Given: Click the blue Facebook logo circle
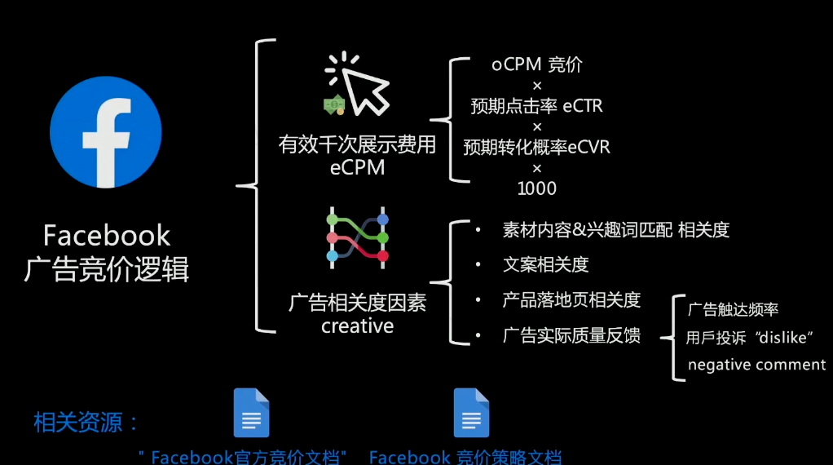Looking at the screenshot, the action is click(106, 132).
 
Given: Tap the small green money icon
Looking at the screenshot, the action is click(334, 104).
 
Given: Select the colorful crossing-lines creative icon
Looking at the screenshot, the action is click(358, 237).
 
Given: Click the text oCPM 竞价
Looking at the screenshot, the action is click(537, 64).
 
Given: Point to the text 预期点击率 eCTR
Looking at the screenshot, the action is click(536, 106).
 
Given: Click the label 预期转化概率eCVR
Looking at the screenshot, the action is click(536, 147).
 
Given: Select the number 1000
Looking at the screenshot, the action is click(537, 188).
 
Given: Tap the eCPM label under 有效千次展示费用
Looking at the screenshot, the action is click(357, 167).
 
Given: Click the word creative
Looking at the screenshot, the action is click(358, 325).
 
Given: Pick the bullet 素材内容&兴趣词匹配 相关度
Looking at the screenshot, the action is click(615, 229).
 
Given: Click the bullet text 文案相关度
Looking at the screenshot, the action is click(545, 264).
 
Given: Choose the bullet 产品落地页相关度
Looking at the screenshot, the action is click(571, 299).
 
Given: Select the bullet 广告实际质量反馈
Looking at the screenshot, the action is click(571, 335).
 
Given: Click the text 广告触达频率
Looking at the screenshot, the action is click(733, 309).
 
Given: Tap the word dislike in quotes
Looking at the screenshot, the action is click(783, 338).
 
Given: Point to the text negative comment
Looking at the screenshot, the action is click(756, 365).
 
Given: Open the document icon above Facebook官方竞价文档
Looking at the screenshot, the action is click(251, 413).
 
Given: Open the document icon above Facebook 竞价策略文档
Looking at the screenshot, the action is click(471, 413).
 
